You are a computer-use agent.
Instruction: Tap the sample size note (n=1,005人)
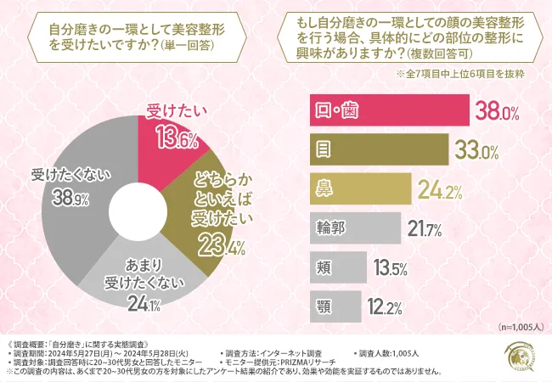pyautogui.click(x=515, y=327)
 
